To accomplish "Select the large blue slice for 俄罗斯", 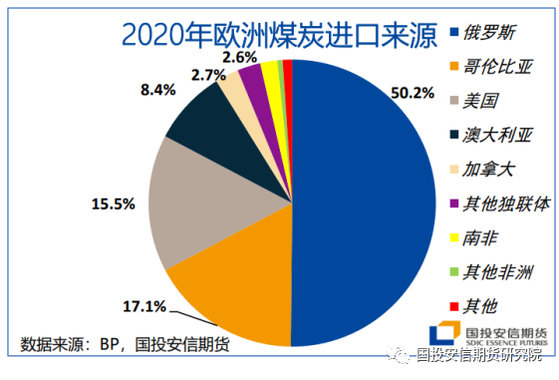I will click(369, 199).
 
